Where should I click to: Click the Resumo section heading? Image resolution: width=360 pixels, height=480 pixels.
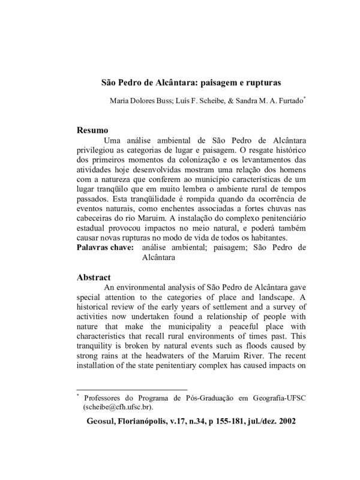click(94, 130)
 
